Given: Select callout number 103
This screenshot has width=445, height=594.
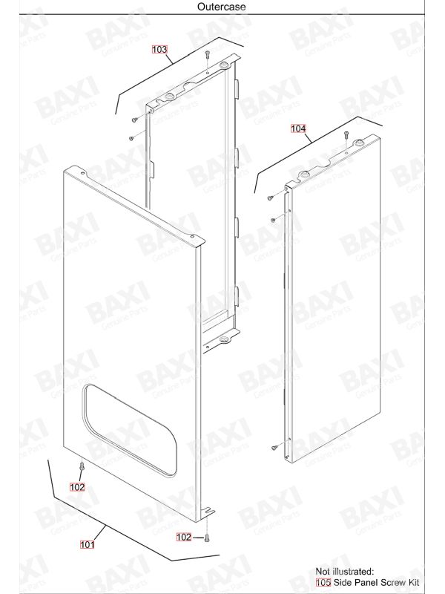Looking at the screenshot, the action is [x=159, y=49].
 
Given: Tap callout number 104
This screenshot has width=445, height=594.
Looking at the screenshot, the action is [x=298, y=128].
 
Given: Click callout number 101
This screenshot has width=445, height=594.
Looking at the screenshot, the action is [x=87, y=544].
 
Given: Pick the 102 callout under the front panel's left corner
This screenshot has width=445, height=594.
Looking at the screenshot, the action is [x=77, y=487].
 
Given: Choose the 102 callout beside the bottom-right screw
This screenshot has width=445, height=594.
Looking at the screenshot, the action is [x=184, y=537].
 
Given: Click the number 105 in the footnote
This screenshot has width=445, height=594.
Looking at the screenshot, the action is [x=323, y=582].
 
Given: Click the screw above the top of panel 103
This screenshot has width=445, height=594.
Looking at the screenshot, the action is [x=207, y=54].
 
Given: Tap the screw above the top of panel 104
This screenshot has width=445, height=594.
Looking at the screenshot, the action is [x=346, y=134].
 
